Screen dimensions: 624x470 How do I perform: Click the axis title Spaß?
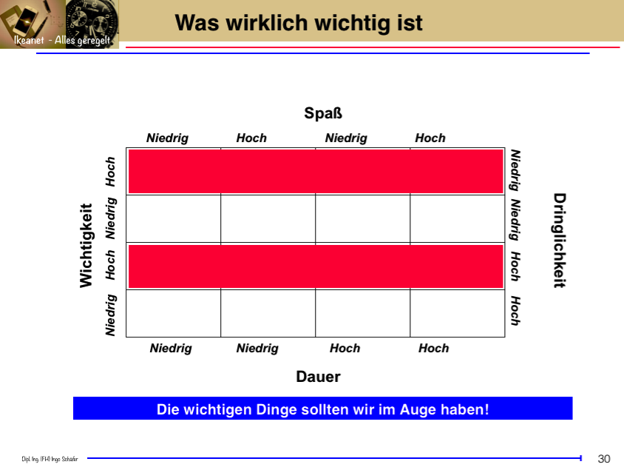323,113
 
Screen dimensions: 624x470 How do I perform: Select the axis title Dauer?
318,377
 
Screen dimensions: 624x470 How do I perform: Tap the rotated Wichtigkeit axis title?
87,245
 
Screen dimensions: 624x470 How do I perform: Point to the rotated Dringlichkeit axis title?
560,241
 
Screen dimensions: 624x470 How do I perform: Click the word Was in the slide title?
197,23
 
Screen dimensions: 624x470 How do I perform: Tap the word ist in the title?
410,23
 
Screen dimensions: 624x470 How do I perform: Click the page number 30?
604,459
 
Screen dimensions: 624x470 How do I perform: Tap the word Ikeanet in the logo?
29,40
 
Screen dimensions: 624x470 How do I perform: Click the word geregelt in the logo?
93,41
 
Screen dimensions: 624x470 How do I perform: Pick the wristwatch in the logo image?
92,22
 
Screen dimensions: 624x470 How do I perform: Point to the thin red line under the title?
373,47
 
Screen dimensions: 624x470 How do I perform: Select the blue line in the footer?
334,458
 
